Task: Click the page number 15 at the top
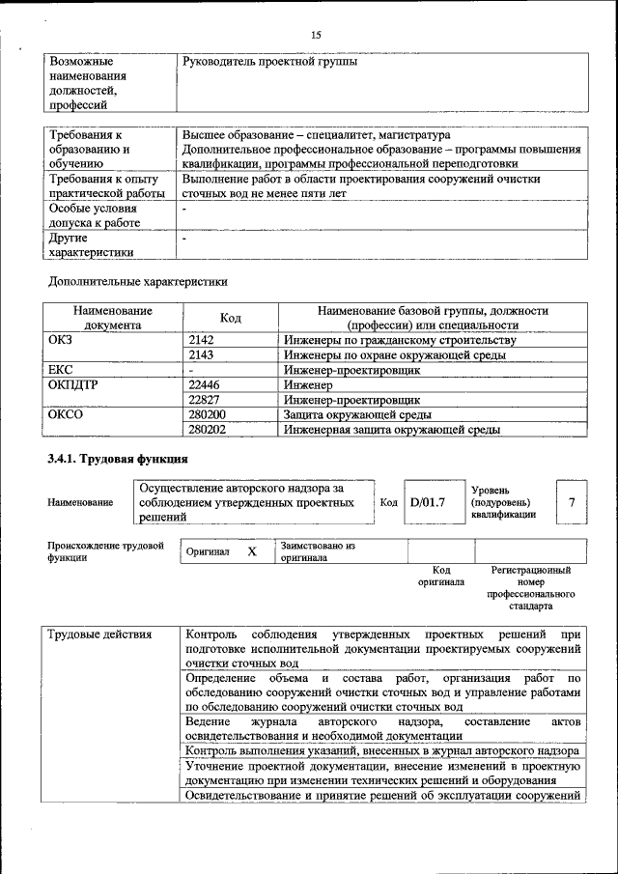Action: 315,36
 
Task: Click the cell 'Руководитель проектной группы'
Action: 269,62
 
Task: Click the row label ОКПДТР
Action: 74,384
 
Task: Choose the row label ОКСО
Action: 66,414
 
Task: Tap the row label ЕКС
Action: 61,370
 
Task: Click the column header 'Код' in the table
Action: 231,318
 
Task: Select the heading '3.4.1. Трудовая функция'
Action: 118,459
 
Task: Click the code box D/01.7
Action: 427,502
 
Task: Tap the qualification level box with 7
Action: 573,502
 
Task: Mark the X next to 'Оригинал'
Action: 252,551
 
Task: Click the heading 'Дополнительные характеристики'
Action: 137,282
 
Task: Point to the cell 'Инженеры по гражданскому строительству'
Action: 400,340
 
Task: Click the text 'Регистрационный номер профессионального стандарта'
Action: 531,588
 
